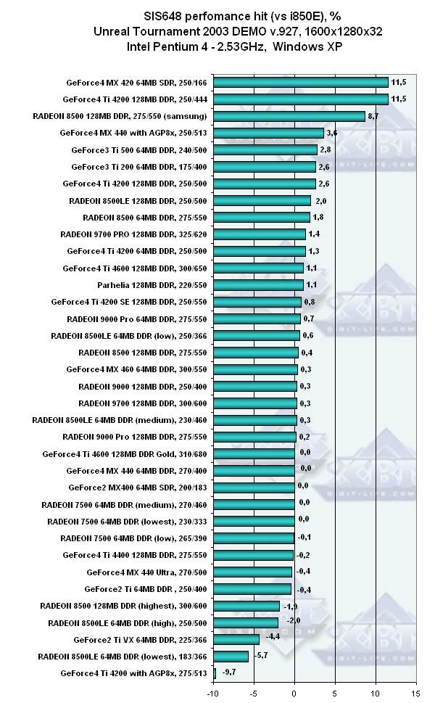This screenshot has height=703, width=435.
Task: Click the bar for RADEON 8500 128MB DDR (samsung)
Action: [x=330, y=116]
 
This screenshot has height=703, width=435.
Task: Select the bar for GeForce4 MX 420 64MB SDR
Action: [x=341, y=82]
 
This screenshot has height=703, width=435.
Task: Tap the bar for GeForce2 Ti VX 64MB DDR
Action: [x=277, y=639]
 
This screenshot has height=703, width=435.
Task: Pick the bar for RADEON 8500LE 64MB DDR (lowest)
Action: [x=272, y=656]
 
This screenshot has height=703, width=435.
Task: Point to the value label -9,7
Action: [x=230, y=673]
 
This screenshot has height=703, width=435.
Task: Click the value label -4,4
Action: [x=273, y=639]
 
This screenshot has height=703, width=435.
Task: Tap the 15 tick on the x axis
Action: [x=417, y=694]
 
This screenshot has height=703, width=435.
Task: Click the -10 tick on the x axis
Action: [x=213, y=694]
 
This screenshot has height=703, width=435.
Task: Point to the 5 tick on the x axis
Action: [x=336, y=694]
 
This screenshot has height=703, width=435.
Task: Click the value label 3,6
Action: [x=332, y=133]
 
